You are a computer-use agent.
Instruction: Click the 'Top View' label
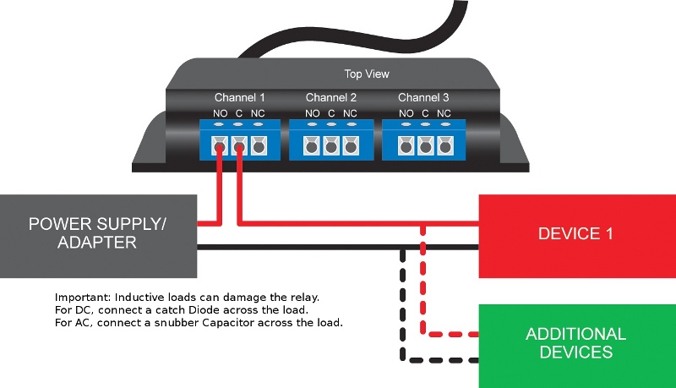(x=367, y=74)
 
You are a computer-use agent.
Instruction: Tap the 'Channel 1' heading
(x=239, y=98)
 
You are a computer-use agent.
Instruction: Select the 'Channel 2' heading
(x=331, y=98)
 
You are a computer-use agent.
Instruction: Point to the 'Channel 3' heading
(x=423, y=98)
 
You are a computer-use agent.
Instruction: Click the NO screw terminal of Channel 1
(x=220, y=146)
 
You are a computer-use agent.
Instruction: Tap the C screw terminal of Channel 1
(x=239, y=146)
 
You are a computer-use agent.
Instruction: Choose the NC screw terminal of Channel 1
(x=259, y=146)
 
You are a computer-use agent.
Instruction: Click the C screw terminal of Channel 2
(x=331, y=146)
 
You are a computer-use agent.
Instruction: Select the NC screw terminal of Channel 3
(x=445, y=146)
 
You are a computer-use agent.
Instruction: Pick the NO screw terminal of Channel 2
(x=311, y=146)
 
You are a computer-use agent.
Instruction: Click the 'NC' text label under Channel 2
(x=350, y=113)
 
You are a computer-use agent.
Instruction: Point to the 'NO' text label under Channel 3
(x=406, y=113)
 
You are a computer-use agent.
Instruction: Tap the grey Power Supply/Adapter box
(x=98, y=236)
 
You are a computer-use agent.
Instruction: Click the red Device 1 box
(x=577, y=236)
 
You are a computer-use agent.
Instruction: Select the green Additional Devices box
(x=577, y=347)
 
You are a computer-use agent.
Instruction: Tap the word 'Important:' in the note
(x=83, y=298)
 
